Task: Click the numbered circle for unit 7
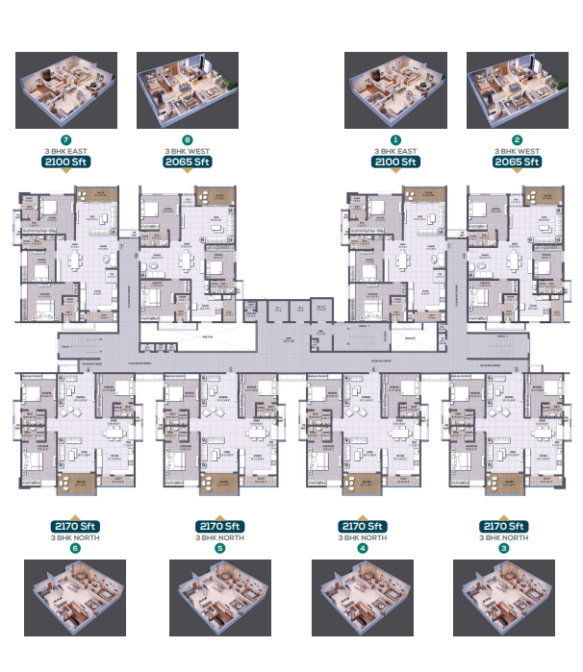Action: click(66, 140)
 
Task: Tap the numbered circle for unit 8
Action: click(188, 140)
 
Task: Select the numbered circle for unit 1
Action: click(394, 140)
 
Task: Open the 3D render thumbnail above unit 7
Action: click(66, 91)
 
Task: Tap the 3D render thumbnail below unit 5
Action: click(219, 598)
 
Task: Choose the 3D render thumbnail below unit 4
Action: click(362, 598)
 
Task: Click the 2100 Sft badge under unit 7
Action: click(66, 162)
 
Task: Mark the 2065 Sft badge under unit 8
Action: click(188, 162)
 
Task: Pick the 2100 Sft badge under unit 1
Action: click(394, 162)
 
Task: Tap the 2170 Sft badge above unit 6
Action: click(76, 526)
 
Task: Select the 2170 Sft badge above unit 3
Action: click(503, 526)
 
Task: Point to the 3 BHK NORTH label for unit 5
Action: click(219, 537)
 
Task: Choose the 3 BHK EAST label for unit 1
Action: click(394, 152)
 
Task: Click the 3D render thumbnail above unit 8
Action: click(188, 91)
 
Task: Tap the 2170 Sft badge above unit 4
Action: click(362, 526)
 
